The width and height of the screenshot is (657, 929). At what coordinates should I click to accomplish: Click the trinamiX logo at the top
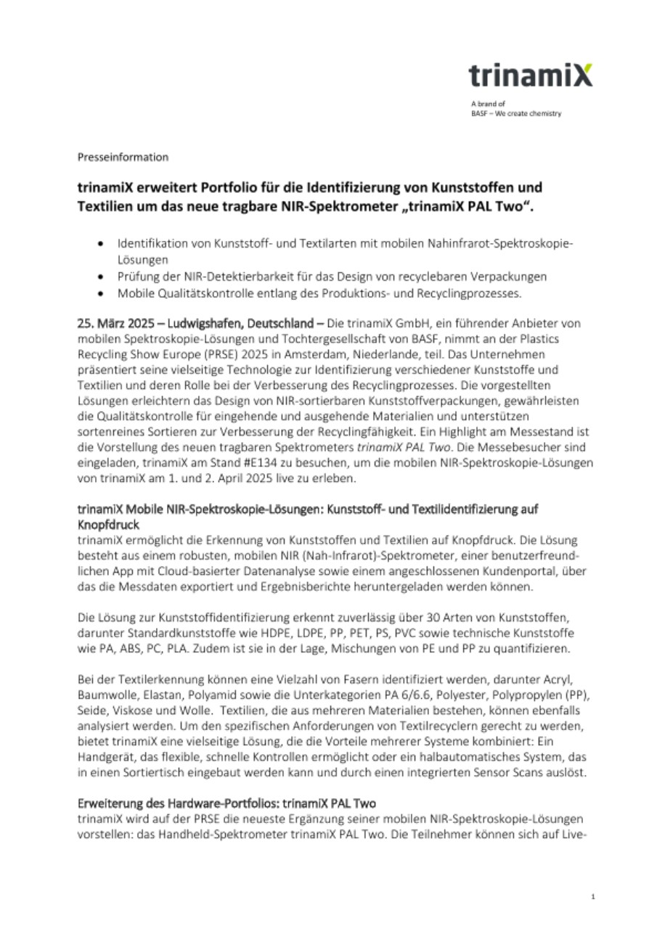click(530, 75)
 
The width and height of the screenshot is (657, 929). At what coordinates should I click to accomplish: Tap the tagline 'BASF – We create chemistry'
click(515, 113)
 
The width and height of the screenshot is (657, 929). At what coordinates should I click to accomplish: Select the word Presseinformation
click(123, 157)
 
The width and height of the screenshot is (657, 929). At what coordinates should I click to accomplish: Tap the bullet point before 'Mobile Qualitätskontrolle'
click(108, 294)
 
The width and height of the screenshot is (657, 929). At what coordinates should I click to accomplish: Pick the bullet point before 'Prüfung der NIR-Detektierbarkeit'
click(108, 277)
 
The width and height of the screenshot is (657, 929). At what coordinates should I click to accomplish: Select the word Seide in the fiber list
click(91, 711)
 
